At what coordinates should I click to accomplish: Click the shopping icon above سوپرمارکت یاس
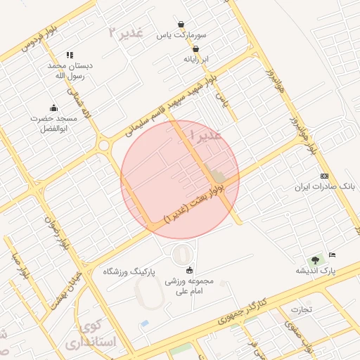[181, 23]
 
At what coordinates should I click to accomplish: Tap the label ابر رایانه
[197, 59]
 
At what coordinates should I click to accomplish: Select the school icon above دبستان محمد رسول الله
[70, 55]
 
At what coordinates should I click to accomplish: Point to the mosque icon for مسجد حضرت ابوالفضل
[53, 108]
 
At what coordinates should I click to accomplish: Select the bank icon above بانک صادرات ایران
[323, 176]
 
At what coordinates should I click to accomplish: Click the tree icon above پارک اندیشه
[315, 259]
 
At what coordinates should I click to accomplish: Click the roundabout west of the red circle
[104, 146]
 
